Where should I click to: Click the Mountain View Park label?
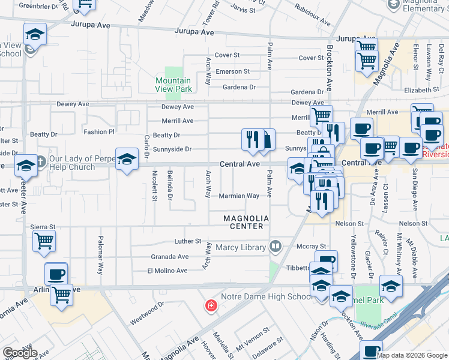coord(173,85)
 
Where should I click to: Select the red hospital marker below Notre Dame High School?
coord(211,307)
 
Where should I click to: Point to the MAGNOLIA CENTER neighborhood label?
coord(244,222)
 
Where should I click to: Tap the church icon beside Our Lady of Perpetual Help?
coord(40,161)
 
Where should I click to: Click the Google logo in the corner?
coord(20,353)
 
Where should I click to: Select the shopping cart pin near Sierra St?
coord(44,241)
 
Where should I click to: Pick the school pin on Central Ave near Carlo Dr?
coord(127,159)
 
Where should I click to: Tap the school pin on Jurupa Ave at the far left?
coord(35,34)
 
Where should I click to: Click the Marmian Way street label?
coord(239,196)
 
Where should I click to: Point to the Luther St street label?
coord(188,241)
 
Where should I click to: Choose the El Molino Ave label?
coord(168,271)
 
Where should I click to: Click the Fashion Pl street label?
coord(99,131)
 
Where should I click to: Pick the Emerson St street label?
coord(233,71)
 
